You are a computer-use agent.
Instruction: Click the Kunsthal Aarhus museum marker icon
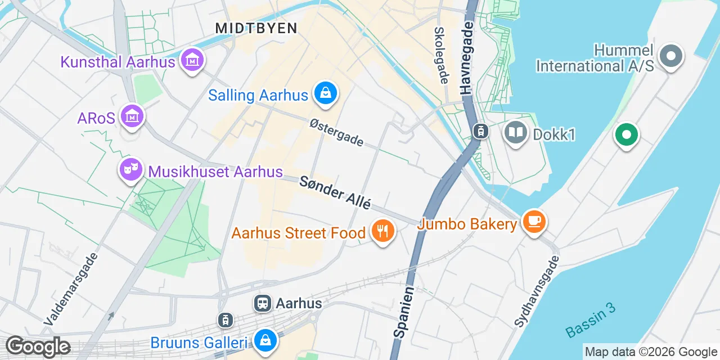tap(192, 58)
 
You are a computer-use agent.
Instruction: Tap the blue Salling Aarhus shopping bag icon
tap(325, 93)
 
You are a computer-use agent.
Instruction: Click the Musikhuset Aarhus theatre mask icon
tap(131, 168)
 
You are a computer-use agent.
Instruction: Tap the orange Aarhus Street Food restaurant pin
tap(382, 231)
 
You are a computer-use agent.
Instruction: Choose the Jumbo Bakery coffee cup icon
tap(533, 221)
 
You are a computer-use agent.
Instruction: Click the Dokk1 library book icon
tap(516, 133)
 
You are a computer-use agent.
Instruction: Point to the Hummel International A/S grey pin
tap(670, 56)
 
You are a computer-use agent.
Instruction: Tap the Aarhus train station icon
tap(263, 304)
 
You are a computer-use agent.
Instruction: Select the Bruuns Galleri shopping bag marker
tap(264, 340)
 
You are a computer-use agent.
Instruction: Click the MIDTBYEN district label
tap(256, 28)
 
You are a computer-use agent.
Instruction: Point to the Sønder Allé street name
tap(335, 192)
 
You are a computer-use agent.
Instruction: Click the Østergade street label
tap(336, 133)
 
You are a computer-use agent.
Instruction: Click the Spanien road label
tap(404, 313)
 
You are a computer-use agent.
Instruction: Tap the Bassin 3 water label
tap(591, 320)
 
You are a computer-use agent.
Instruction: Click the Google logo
tap(38, 346)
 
